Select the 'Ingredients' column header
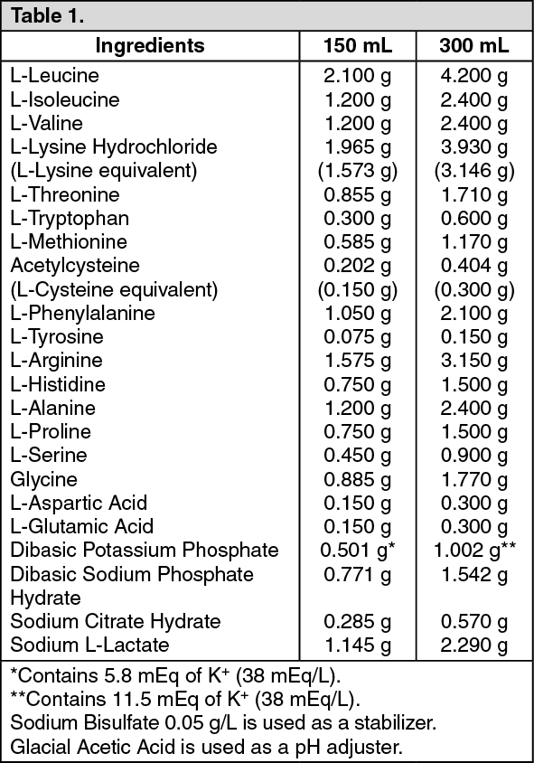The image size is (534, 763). point(150,45)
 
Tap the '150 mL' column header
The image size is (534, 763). point(358,45)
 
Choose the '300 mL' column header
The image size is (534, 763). point(473,45)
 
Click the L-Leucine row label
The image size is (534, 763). point(55,76)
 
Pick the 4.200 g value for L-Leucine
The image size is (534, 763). point(473,76)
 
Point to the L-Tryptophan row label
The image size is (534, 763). point(70,218)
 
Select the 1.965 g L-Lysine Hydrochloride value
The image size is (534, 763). point(358,146)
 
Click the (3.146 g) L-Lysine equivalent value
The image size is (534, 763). point(473,170)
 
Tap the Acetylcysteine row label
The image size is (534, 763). point(75,266)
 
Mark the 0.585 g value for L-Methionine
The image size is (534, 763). point(358,241)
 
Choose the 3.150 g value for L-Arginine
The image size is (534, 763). point(473,361)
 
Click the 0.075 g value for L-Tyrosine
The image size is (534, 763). point(358,337)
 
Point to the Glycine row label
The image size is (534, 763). point(44,479)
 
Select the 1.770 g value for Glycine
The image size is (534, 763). point(473,479)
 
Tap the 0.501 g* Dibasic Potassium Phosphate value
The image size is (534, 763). point(360,551)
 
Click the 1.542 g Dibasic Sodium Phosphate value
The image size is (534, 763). point(473,574)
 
